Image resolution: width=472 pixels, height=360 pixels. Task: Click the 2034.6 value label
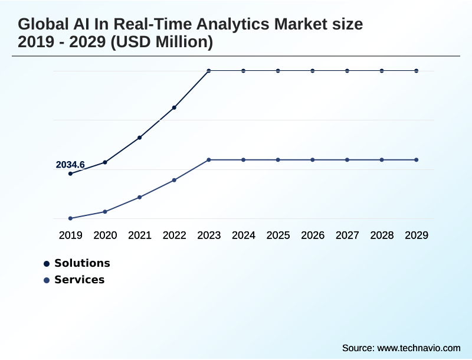70,165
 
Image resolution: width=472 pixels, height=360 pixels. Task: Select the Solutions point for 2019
70,174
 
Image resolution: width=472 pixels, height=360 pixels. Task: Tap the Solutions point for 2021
140,138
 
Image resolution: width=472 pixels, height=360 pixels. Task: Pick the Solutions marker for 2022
174,107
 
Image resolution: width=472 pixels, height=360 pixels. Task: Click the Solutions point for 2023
209,71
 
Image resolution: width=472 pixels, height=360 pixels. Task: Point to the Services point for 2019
70,218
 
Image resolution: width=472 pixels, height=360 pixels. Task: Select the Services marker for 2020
105,211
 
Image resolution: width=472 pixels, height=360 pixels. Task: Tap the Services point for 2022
174,180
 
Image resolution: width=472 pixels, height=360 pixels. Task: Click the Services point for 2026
313,160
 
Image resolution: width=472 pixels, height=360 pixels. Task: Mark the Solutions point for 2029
417,71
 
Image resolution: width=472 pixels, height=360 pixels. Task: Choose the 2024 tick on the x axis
243,235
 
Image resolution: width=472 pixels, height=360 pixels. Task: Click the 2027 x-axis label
347,235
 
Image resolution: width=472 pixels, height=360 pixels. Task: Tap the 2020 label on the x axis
105,235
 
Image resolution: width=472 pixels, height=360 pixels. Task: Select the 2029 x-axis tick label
417,235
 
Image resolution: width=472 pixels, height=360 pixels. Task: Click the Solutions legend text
82,263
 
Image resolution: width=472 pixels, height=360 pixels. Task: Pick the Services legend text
79,280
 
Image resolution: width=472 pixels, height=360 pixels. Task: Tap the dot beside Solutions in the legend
47,264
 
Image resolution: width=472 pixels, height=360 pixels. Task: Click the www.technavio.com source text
418,348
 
